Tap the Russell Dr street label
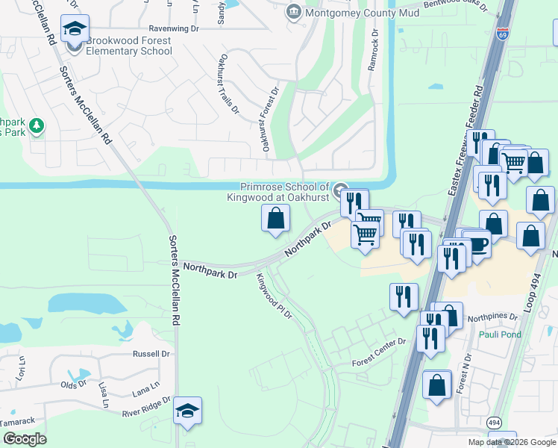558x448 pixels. (x=151, y=354)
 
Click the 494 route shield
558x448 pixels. (x=495, y=423)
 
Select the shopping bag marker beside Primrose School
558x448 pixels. (x=275, y=219)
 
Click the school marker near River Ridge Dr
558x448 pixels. (x=187, y=411)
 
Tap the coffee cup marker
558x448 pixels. (x=476, y=243)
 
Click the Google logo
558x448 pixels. (x=24, y=439)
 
